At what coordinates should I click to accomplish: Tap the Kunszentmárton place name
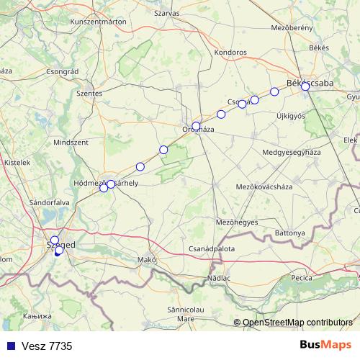point(98,22)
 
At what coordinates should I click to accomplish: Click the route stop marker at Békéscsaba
point(305,86)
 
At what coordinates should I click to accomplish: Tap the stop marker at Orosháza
point(196,126)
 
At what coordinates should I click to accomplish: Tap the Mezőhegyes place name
point(237,222)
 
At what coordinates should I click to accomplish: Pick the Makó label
point(147,259)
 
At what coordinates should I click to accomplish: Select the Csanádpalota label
point(211,248)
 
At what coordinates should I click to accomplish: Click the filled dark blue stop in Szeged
point(58,251)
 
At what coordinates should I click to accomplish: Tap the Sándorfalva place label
point(49,203)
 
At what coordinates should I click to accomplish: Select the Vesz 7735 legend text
point(45,346)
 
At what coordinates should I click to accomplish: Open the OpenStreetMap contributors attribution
point(297,323)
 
